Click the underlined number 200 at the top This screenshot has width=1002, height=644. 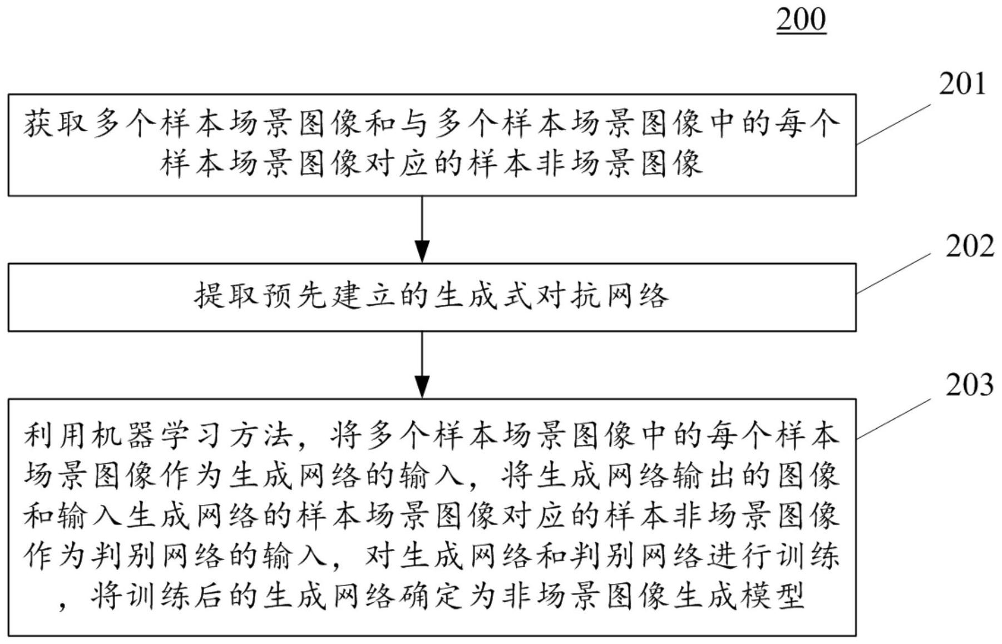point(801,19)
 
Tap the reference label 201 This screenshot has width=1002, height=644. point(962,84)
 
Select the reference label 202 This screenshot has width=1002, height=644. point(970,246)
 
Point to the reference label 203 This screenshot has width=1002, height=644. point(969,385)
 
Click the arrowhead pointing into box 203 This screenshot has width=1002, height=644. point(422,387)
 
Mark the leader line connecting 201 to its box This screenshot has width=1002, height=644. point(894,124)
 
